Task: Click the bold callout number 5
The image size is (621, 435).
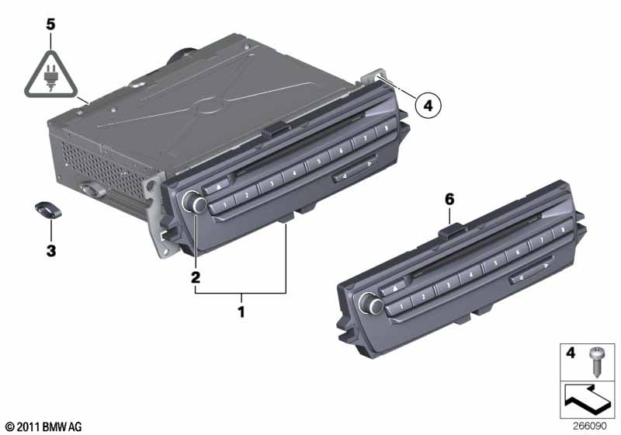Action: pos(50,25)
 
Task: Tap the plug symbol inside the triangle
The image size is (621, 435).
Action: pos(50,77)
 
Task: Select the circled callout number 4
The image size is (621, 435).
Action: pos(428,106)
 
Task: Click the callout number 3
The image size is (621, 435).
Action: pos(51,251)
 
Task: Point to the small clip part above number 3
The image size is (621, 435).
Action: pos(48,210)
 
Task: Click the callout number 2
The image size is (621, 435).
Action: pos(196,277)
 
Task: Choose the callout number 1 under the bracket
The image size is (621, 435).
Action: pos(241,312)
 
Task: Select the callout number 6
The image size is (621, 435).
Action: pos(449,200)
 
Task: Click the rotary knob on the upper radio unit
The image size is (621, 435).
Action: pos(193,202)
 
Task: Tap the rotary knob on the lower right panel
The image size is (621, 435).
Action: pos(370,304)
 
